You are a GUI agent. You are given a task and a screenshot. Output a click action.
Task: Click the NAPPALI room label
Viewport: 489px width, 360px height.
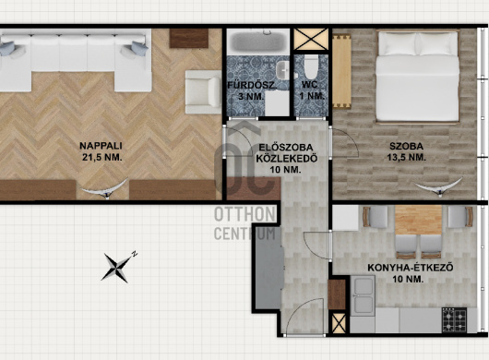coord(101,146)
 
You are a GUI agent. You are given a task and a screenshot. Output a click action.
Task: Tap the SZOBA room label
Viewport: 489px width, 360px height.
coord(406,146)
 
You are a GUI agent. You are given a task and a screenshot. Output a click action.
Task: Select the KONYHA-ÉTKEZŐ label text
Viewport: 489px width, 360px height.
coord(410,268)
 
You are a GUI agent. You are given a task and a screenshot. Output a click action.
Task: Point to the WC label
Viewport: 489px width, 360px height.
coord(310,84)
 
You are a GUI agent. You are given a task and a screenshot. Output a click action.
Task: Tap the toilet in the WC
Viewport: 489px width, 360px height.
coord(311,67)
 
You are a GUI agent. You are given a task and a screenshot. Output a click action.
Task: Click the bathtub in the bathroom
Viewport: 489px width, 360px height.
coord(258,42)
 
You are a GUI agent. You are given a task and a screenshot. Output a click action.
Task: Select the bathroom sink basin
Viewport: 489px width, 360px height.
coord(282,70)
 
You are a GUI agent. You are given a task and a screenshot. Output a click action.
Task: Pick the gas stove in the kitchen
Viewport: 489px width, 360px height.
coord(454,319)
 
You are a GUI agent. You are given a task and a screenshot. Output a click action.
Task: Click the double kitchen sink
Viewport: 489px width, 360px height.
coord(363,295)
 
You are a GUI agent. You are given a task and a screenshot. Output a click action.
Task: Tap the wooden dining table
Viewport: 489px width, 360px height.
coord(418,220)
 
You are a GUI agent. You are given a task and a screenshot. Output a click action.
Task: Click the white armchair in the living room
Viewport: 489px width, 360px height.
coord(203,91)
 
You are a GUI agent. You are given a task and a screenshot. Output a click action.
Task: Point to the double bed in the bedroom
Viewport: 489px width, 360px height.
coord(417,76)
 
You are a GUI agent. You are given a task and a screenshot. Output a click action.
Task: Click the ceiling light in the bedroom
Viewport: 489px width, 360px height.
coord(438,186)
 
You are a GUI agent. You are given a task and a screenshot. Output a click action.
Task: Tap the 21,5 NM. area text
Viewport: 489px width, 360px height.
coord(102,157)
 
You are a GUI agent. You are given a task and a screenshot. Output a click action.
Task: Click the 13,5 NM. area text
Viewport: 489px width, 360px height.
coord(406,157)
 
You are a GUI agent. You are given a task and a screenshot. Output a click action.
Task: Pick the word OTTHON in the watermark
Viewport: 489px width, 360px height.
coord(244,214)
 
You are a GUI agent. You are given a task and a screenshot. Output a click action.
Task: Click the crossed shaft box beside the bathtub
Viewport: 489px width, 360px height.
coord(311,40)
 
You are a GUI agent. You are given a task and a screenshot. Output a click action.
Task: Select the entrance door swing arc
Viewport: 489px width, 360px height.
coord(299,309)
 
